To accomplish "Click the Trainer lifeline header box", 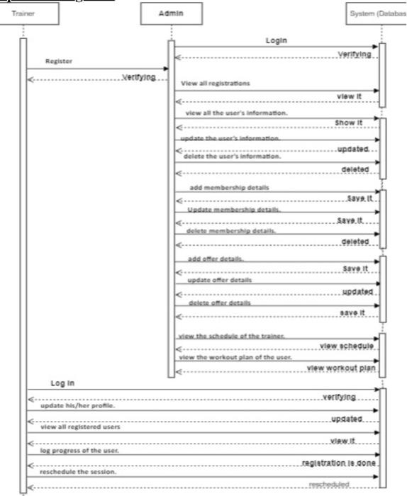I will (24, 13).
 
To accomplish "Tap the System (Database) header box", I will (379, 13).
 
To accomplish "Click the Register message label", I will (60, 61).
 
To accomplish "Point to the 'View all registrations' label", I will (216, 83).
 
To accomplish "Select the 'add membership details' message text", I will (229, 187).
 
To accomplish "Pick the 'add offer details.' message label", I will (216, 259).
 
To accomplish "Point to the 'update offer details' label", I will (219, 280).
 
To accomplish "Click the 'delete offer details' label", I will (219, 303).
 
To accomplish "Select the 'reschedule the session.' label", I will (76, 471).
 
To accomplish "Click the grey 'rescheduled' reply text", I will (328, 483).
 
